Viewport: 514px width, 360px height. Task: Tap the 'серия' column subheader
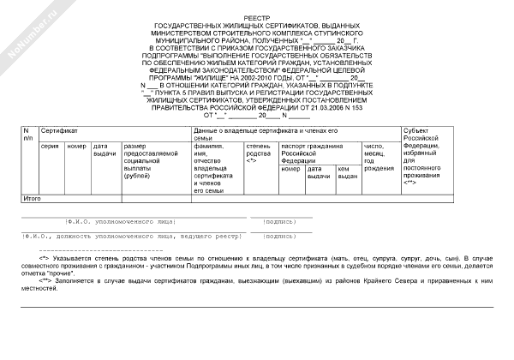[50, 146]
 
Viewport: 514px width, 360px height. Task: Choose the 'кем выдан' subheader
[347, 172]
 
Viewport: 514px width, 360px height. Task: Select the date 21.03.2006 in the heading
[352, 107]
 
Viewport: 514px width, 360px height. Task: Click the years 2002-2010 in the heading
[256, 76]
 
